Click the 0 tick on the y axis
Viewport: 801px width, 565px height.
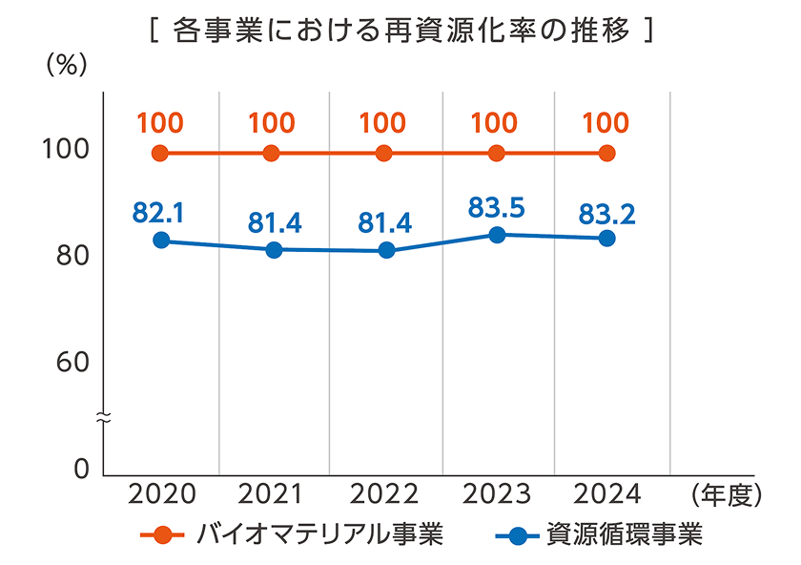[80, 470]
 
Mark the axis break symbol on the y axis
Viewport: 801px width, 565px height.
[103, 416]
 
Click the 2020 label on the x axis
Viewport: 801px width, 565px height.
[161, 494]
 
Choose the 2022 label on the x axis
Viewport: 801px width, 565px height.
[384, 494]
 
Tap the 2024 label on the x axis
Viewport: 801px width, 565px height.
[607, 494]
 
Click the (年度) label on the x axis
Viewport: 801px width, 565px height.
[724, 494]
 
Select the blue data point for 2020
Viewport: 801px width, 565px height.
[161, 241]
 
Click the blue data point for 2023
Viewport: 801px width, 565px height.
[496, 234]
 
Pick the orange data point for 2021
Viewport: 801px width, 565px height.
[272, 154]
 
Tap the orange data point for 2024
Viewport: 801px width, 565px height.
[606, 154]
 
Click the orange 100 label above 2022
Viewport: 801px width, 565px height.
[383, 123]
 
